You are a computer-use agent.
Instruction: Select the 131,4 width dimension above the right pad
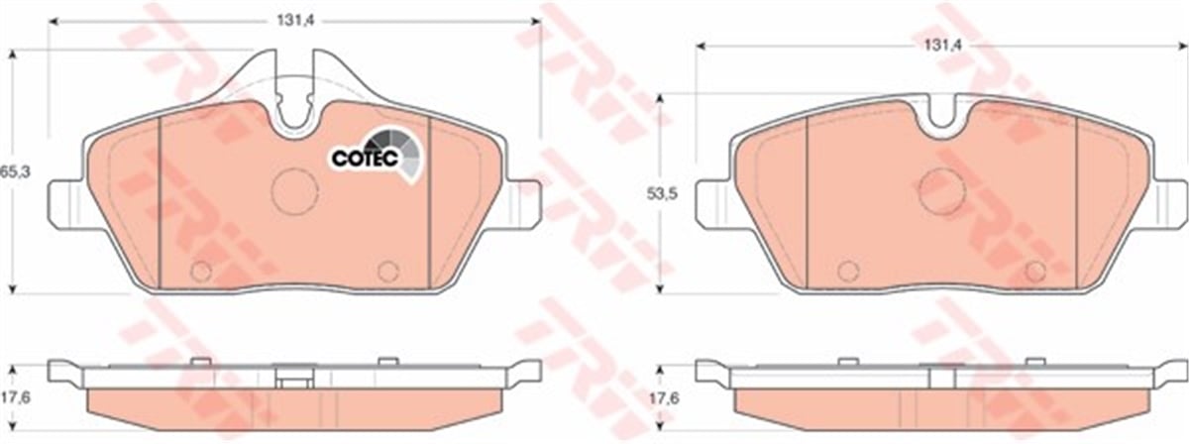click(937, 45)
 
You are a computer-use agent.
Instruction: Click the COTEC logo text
click(365, 157)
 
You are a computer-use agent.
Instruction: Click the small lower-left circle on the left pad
click(201, 272)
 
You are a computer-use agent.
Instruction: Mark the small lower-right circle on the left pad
click(387, 272)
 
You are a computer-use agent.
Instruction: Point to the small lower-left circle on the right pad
click(847, 272)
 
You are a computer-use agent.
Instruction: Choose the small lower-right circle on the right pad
click(1034, 272)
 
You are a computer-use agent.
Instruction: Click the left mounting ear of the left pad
click(65, 202)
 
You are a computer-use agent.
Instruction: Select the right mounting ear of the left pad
click(524, 202)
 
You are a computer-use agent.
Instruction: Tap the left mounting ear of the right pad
click(713, 202)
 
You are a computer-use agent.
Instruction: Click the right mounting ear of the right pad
click(1169, 202)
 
